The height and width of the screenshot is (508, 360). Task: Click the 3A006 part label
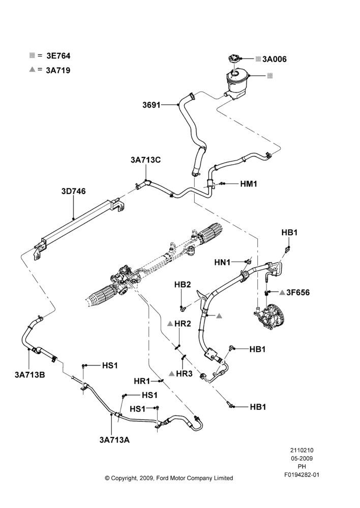point(275,59)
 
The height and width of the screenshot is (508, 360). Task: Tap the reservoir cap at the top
point(234,60)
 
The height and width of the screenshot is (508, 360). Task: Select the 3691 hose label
point(152,105)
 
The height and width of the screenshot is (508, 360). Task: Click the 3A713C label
point(145,160)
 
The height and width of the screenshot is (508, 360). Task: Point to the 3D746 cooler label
point(74,191)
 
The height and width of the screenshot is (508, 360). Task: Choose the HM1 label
point(249,184)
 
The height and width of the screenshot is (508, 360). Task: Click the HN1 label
point(222,262)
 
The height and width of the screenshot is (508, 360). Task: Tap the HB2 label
point(183,285)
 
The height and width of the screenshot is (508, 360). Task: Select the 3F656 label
point(298,293)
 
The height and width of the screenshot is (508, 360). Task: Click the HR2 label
point(183,323)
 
